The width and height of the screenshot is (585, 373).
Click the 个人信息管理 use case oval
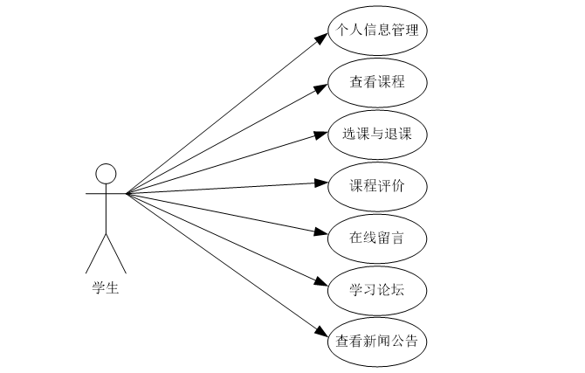(x=377, y=31)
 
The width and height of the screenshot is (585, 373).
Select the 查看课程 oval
(x=377, y=82)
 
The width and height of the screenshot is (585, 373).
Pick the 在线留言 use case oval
(x=377, y=236)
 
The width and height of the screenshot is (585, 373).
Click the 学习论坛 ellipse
(x=377, y=287)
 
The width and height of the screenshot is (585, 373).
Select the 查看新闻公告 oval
(x=377, y=339)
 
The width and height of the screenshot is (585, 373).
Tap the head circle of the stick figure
(x=106, y=173)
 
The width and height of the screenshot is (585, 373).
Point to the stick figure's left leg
(x=95, y=253)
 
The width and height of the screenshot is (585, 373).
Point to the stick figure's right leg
(x=116, y=253)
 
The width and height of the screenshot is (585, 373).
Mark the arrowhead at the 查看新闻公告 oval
(x=320, y=330)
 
